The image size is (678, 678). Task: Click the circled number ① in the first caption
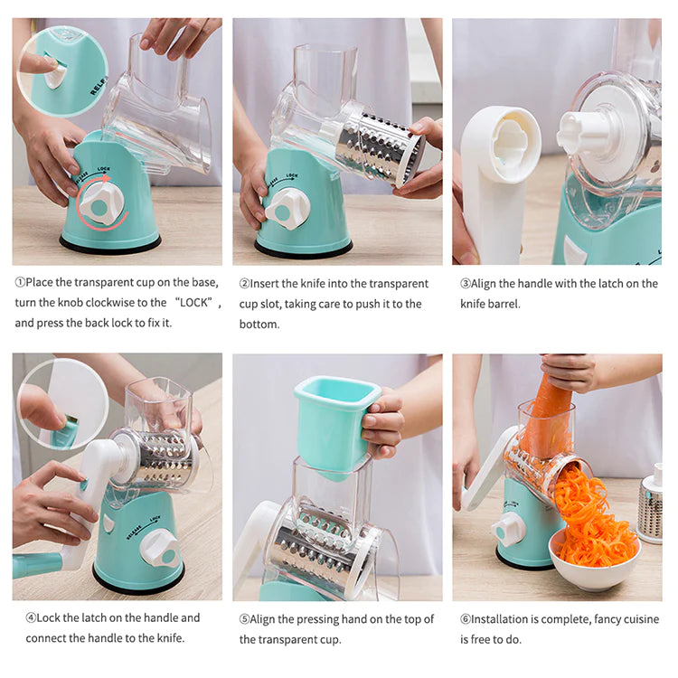coord(21,283)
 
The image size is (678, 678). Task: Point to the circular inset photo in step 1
coord(61,70)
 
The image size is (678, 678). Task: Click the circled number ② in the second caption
coord(244,283)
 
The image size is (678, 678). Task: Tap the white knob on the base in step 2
coord(287,208)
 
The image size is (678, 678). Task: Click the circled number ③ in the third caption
coord(466,283)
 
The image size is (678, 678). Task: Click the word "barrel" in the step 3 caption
coord(503,304)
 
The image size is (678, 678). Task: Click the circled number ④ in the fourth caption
coord(31,617)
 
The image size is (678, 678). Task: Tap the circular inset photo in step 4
coord(61,404)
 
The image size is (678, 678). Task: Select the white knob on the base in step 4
coord(159,546)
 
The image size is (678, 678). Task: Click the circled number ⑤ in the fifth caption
coord(244,619)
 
